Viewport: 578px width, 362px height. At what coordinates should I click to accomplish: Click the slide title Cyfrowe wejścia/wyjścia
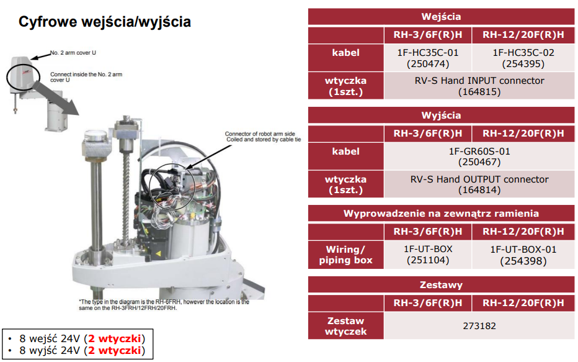click(105, 22)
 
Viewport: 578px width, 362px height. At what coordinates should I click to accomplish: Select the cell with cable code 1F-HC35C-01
click(427, 58)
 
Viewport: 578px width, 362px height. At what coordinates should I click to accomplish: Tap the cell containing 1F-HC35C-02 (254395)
click(523, 58)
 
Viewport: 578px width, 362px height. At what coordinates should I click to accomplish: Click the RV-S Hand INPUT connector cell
click(479, 86)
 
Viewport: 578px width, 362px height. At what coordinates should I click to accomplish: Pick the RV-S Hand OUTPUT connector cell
click(479, 184)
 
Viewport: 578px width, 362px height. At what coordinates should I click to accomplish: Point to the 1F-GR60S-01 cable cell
click(479, 156)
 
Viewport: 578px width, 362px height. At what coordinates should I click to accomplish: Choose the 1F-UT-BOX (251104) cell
click(427, 255)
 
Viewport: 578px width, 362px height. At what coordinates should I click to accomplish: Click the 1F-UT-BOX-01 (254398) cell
click(523, 255)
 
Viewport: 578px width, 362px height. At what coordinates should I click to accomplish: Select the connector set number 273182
click(479, 326)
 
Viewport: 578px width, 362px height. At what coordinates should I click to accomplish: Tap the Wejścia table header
click(441, 17)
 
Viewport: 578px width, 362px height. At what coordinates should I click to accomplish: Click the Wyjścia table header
click(441, 115)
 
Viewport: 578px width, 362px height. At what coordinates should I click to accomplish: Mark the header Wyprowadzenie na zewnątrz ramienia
click(441, 214)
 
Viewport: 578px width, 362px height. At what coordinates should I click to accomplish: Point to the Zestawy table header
click(441, 285)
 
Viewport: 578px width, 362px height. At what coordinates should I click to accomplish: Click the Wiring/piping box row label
click(346, 255)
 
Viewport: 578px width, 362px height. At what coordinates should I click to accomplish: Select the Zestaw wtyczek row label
click(346, 326)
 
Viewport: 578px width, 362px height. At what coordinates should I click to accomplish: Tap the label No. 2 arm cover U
click(73, 53)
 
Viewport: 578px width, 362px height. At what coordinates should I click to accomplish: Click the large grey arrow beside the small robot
click(55, 97)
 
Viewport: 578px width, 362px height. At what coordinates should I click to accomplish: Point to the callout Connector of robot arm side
click(260, 133)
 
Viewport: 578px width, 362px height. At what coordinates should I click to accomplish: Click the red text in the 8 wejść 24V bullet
click(115, 339)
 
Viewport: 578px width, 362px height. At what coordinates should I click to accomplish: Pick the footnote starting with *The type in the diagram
click(164, 305)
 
